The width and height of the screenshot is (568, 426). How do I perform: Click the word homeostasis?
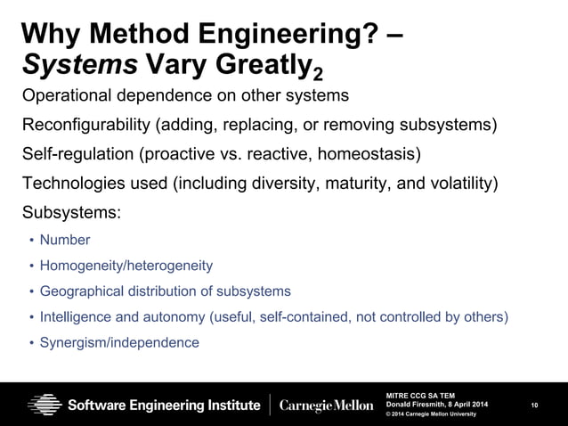click(x=369, y=155)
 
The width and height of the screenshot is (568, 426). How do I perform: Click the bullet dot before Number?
click(x=33, y=241)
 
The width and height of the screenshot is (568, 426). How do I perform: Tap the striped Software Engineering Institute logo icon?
click(x=45, y=404)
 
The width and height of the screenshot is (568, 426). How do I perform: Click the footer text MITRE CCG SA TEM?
click(x=418, y=394)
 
